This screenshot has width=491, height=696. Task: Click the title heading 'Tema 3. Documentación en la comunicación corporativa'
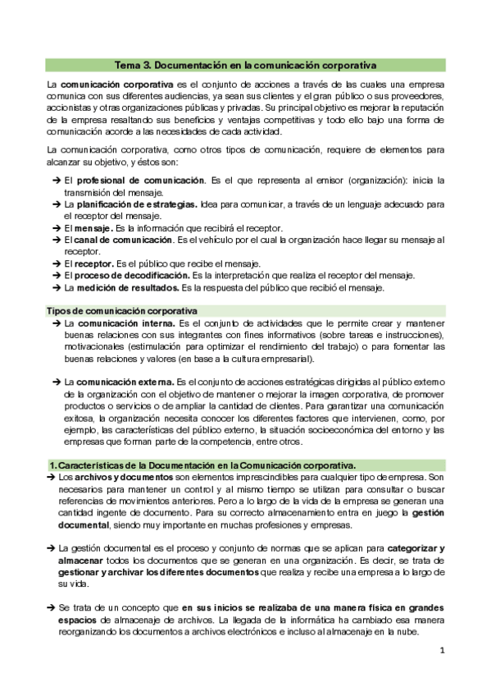[245, 64]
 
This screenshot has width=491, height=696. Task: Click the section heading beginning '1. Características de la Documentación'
[207, 465]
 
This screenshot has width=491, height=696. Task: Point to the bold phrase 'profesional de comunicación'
[138, 180]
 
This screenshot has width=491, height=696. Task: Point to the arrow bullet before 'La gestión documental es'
[53, 547]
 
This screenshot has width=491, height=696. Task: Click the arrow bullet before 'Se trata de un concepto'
[53, 607]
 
